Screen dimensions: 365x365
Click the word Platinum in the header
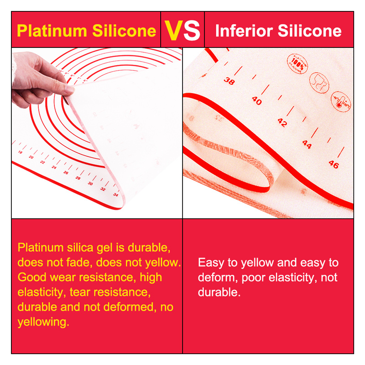(52, 31)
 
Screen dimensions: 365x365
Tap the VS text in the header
(182, 30)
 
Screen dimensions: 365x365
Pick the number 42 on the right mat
(282, 122)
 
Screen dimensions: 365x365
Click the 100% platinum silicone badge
(297, 63)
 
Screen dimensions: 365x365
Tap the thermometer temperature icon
(341, 102)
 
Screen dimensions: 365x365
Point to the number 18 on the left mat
(20, 152)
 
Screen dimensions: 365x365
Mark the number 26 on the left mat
(66, 172)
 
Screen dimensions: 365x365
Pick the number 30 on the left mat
(90, 183)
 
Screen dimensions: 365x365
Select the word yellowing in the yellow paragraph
(43, 322)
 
